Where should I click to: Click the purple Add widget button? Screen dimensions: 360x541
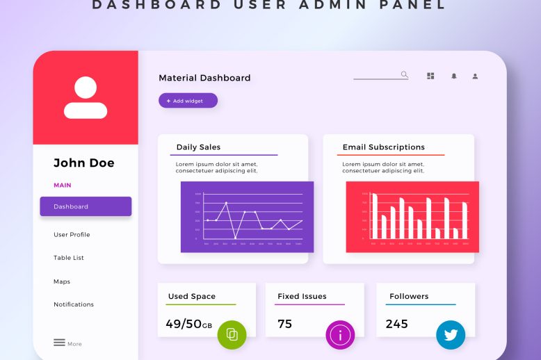tap(188, 101)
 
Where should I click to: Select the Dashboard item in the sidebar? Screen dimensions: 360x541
tap(86, 206)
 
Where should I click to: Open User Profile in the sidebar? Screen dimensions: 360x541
tap(72, 235)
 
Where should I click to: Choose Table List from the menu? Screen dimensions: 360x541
tap(69, 258)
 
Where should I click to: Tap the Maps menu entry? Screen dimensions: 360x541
tap(62, 281)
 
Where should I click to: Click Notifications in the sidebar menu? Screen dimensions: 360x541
tap(74, 304)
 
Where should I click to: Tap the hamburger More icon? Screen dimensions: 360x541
tap(60, 343)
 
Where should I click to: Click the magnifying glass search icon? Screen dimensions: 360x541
tap(404, 74)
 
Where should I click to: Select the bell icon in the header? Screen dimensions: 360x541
tap(454, 76)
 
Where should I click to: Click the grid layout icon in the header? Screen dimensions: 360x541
tap(430, 76)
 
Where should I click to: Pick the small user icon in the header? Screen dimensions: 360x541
tap(475, 76)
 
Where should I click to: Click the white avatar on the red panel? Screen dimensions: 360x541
tap(86, 98)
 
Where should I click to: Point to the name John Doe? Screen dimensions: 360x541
tap(84, 163)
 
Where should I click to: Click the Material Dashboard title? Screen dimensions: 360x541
tap(204, 78)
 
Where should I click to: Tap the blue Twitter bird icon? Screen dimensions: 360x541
tap(451, 335)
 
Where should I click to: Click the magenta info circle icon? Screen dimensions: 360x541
tap(340, 335)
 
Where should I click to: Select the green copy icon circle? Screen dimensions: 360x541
tap(232, 335)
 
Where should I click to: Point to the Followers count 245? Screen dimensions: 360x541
tap(397, 324)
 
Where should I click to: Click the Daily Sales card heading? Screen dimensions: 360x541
tap(198, 147)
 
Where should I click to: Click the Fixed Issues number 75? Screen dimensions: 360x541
tap(285, 324)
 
